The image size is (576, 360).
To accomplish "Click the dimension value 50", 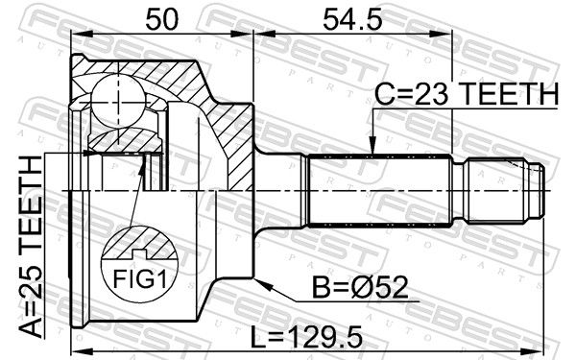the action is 161,19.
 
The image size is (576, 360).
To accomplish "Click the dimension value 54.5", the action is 352,19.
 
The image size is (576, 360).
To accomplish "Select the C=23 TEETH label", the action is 467,94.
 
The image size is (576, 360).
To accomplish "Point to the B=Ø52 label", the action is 360,287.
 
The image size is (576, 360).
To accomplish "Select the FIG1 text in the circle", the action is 139,279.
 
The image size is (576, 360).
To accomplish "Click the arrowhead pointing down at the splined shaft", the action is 372,146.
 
